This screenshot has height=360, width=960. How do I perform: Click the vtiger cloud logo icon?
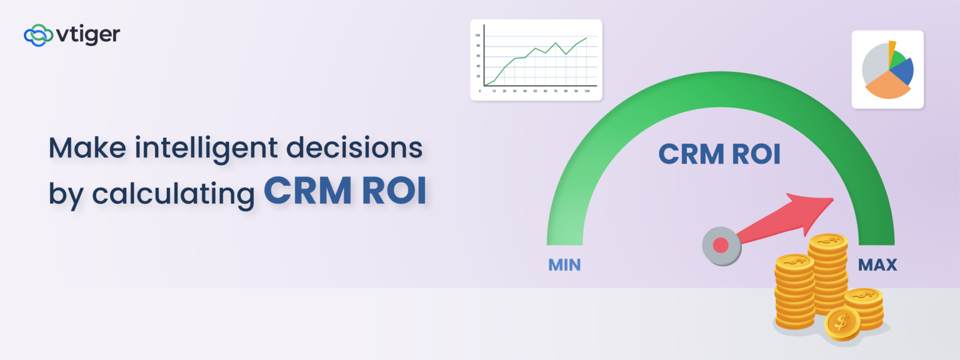pyautogui.click(x=37, y=36)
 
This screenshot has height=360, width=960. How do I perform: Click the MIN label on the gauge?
pyautogui.click(x=564, y=265)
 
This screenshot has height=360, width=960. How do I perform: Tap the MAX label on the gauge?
pyautogui.click(x=877, y=265)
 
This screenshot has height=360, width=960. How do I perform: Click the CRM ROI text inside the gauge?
pyautogui.click(x=719, y=154)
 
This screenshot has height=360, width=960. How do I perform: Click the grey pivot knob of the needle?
pyautogui.click(x=721, y=244)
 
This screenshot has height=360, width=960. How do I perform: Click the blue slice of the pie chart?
pyautogui.click(x=901, y=72)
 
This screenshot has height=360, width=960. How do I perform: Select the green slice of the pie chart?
pyautogui.click(x=897, y=59)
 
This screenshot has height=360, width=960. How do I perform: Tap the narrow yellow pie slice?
pyautogui.click(x=892, y=48)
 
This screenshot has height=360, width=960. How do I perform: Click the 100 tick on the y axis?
pyautogui.click(x=477, y=36)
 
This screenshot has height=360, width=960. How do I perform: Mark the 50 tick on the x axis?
pyautogui.click(x=535, y=91)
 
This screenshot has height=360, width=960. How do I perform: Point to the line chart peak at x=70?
pyautogui.click(x=556, y=43)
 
